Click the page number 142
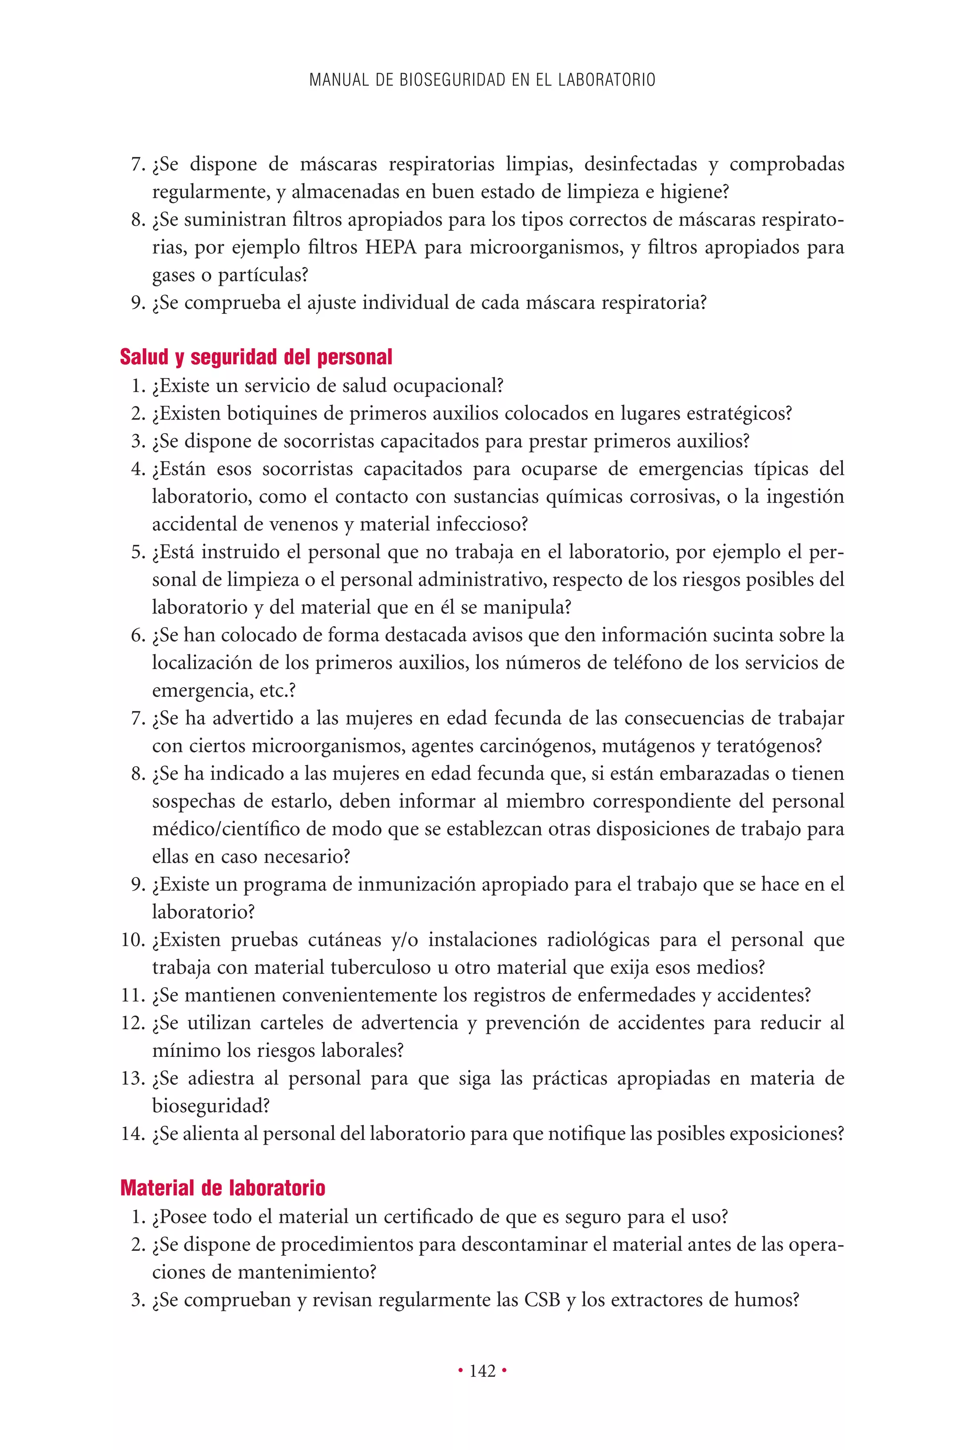[483, 1371]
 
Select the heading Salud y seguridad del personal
[256, 357]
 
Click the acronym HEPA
[391, 247]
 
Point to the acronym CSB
[541, 1299]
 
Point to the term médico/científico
[226, 829]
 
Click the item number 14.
[133, 1133]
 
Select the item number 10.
[133, 940]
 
